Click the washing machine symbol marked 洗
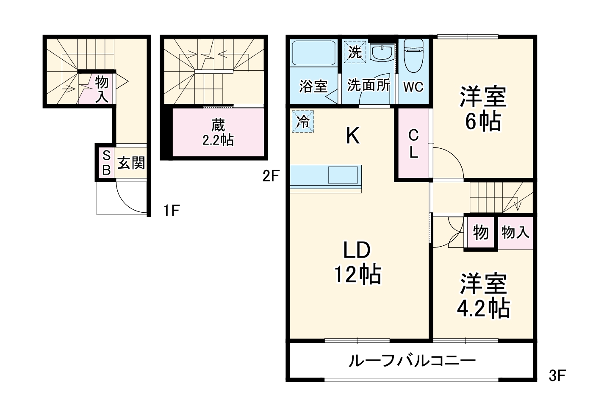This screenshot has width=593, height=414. click(355, 52)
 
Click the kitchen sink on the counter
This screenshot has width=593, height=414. click(343, 175)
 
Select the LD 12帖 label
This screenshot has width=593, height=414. click(357, 262)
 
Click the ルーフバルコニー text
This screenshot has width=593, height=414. click(412, 361)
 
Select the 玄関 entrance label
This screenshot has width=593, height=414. click(131, 163)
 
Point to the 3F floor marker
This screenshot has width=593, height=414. click(557, 375)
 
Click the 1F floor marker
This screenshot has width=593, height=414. click(172, 211)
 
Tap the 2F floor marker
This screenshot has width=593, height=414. click(271, 175)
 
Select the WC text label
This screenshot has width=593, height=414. click(413, 87)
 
